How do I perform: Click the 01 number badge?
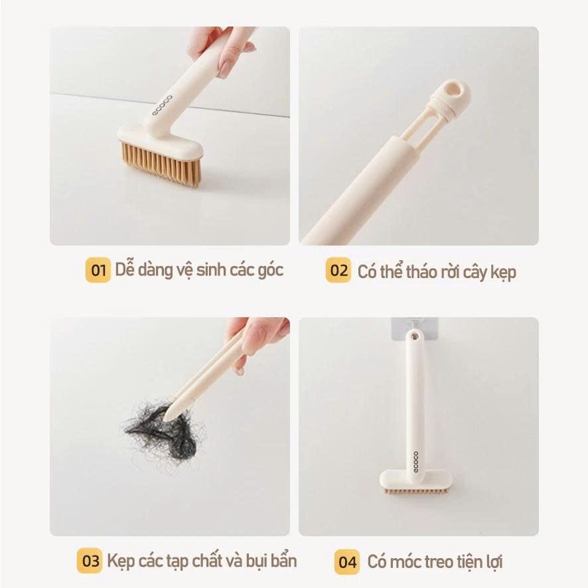tap(98, 270)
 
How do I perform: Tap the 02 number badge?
tap(338, 270)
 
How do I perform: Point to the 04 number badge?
tap(346, 562)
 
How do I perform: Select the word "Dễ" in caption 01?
tap(124, 270)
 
